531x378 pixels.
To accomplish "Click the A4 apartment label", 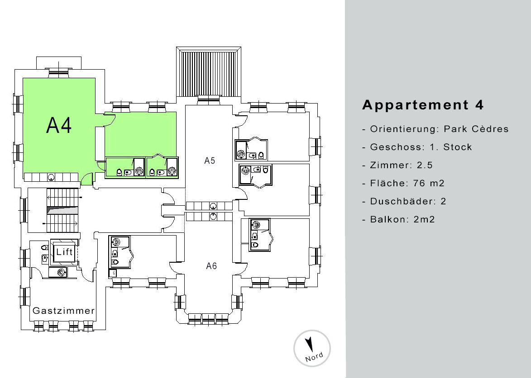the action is (59, 125).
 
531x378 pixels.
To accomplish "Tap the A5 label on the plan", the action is (210, 161).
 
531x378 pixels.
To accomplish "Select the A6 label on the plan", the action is (211, 266).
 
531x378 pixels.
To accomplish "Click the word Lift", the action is (64, 251).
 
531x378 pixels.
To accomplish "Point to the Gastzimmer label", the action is (63, 311).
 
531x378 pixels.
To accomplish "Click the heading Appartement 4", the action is (423, 105).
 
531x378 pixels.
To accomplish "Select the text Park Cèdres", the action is (476, 129).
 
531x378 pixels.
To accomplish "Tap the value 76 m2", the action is (429, 183).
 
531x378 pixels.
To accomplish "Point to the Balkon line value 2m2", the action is (424, 219).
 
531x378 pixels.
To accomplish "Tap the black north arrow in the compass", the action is (309, 344).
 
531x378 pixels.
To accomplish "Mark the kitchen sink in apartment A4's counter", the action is (51, 177).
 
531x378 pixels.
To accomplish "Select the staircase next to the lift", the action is (62, 210).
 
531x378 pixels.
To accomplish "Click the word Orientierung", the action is (404, 129).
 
